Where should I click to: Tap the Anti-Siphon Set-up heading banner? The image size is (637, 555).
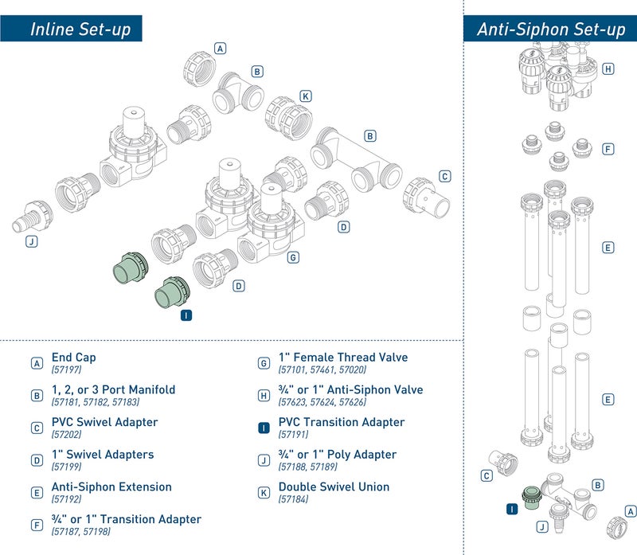click(x=550, y=29)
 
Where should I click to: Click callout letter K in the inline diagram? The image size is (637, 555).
click(x=306, y=96)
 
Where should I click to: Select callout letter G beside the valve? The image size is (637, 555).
click(x=293, y=258)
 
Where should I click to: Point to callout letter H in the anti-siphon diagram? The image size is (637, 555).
click(x=608, y=69)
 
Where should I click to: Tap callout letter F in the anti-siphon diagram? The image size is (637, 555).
click(x=608, y=149)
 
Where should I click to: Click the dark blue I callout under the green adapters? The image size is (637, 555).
click(x=186, y=315)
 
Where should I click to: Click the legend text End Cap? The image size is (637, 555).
click(x=73, y=358)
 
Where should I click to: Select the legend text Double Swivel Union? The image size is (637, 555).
click(x=334, y=487)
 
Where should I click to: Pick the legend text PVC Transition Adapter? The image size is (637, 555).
click(x=341, y=422)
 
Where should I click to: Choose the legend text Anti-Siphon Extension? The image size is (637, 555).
click(x=111, y=487)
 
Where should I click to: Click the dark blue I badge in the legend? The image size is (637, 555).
click(x=264, y=428)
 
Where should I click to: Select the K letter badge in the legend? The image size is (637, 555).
click(x=264, y=492)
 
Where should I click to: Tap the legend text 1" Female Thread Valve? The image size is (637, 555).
click(x=342, y=358)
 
